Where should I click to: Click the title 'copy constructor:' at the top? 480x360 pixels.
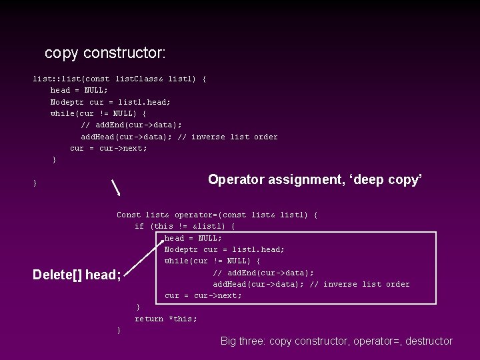click(x=105, y=52)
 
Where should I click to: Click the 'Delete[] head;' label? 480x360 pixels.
click(x=77, y=275)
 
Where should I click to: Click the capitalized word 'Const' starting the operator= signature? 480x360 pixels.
click(x=129, y=215)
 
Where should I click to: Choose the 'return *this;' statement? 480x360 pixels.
click(x=166, y=319)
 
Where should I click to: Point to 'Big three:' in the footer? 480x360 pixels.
click(x=243, y=341)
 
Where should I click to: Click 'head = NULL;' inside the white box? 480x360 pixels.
click(x=193, y=238)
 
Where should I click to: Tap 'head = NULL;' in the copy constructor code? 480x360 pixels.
click(x=79, y=90)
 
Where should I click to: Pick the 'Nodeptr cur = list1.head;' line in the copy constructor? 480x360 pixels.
click(x=111, y=102)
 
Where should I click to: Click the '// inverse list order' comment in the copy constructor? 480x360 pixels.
click(x=235, y=137)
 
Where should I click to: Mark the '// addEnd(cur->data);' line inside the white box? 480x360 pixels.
click(x=263, y=273)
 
